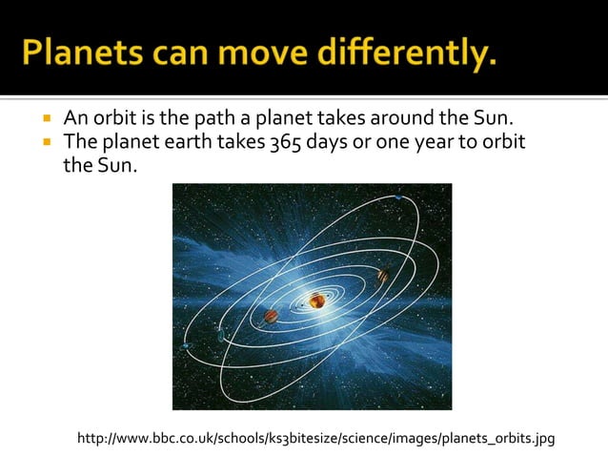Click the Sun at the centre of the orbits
coord(315,301)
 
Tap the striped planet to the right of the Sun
coord(382,276)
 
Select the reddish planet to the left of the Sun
coord(271,316)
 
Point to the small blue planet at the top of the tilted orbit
coord(397,197)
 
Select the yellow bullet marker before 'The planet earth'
coord(45,144)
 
